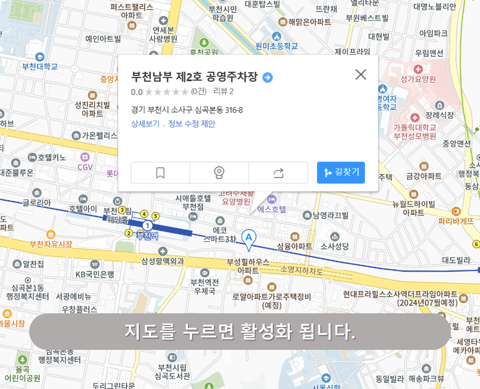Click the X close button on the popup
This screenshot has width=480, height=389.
(x=360, y=74)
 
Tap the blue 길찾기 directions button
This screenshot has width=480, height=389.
(x=341, y=172)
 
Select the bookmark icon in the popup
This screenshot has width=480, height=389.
(x=160, y=173)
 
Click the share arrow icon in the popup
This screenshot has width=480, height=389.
(x=278, y=173)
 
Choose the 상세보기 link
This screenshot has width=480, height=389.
(x=145, y=124)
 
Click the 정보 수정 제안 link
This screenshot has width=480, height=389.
(x=192, y=124)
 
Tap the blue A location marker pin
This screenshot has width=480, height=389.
(x=249, y=238)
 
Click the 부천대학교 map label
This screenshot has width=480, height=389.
(x=40, y=66)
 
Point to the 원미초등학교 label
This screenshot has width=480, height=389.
(x=277, y=46)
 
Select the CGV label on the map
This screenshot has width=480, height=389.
(x=85, y=167)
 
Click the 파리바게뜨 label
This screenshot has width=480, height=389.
(x=456, y=221)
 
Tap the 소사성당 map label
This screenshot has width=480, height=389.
(x=335, y=246)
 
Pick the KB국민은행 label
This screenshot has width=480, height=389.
(x=95, y=274)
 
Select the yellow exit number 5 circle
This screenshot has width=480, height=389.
(x=155, y=216)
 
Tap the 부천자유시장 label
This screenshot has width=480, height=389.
(x=51, y=244)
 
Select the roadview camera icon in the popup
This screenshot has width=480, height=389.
(x=219, y=173)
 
